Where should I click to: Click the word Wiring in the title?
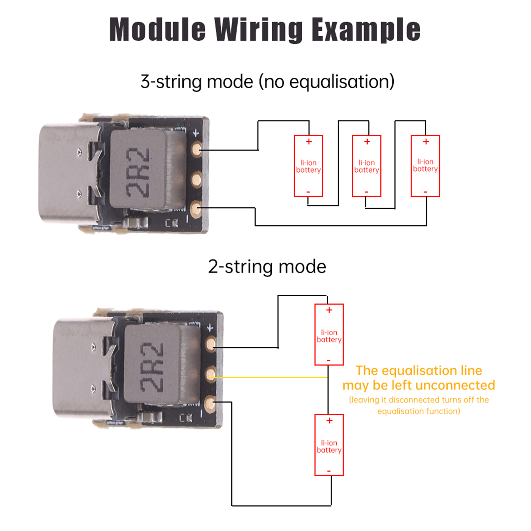pos(258,30)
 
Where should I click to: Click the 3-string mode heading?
pos(267,82)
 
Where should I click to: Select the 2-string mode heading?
pos(267,266)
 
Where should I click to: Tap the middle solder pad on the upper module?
pos(196,180)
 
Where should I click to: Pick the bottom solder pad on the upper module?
pos(196,208)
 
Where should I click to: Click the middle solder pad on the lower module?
pos(211,375)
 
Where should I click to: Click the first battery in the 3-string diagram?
pos(308,166)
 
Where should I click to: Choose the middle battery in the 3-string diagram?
pos(366,166)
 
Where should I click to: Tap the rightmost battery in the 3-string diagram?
pos(425,166)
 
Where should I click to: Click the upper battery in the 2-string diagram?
pos(329,335)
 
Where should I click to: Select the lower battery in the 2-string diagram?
pos(329,445)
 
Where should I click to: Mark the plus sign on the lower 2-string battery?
pos(329,421)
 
